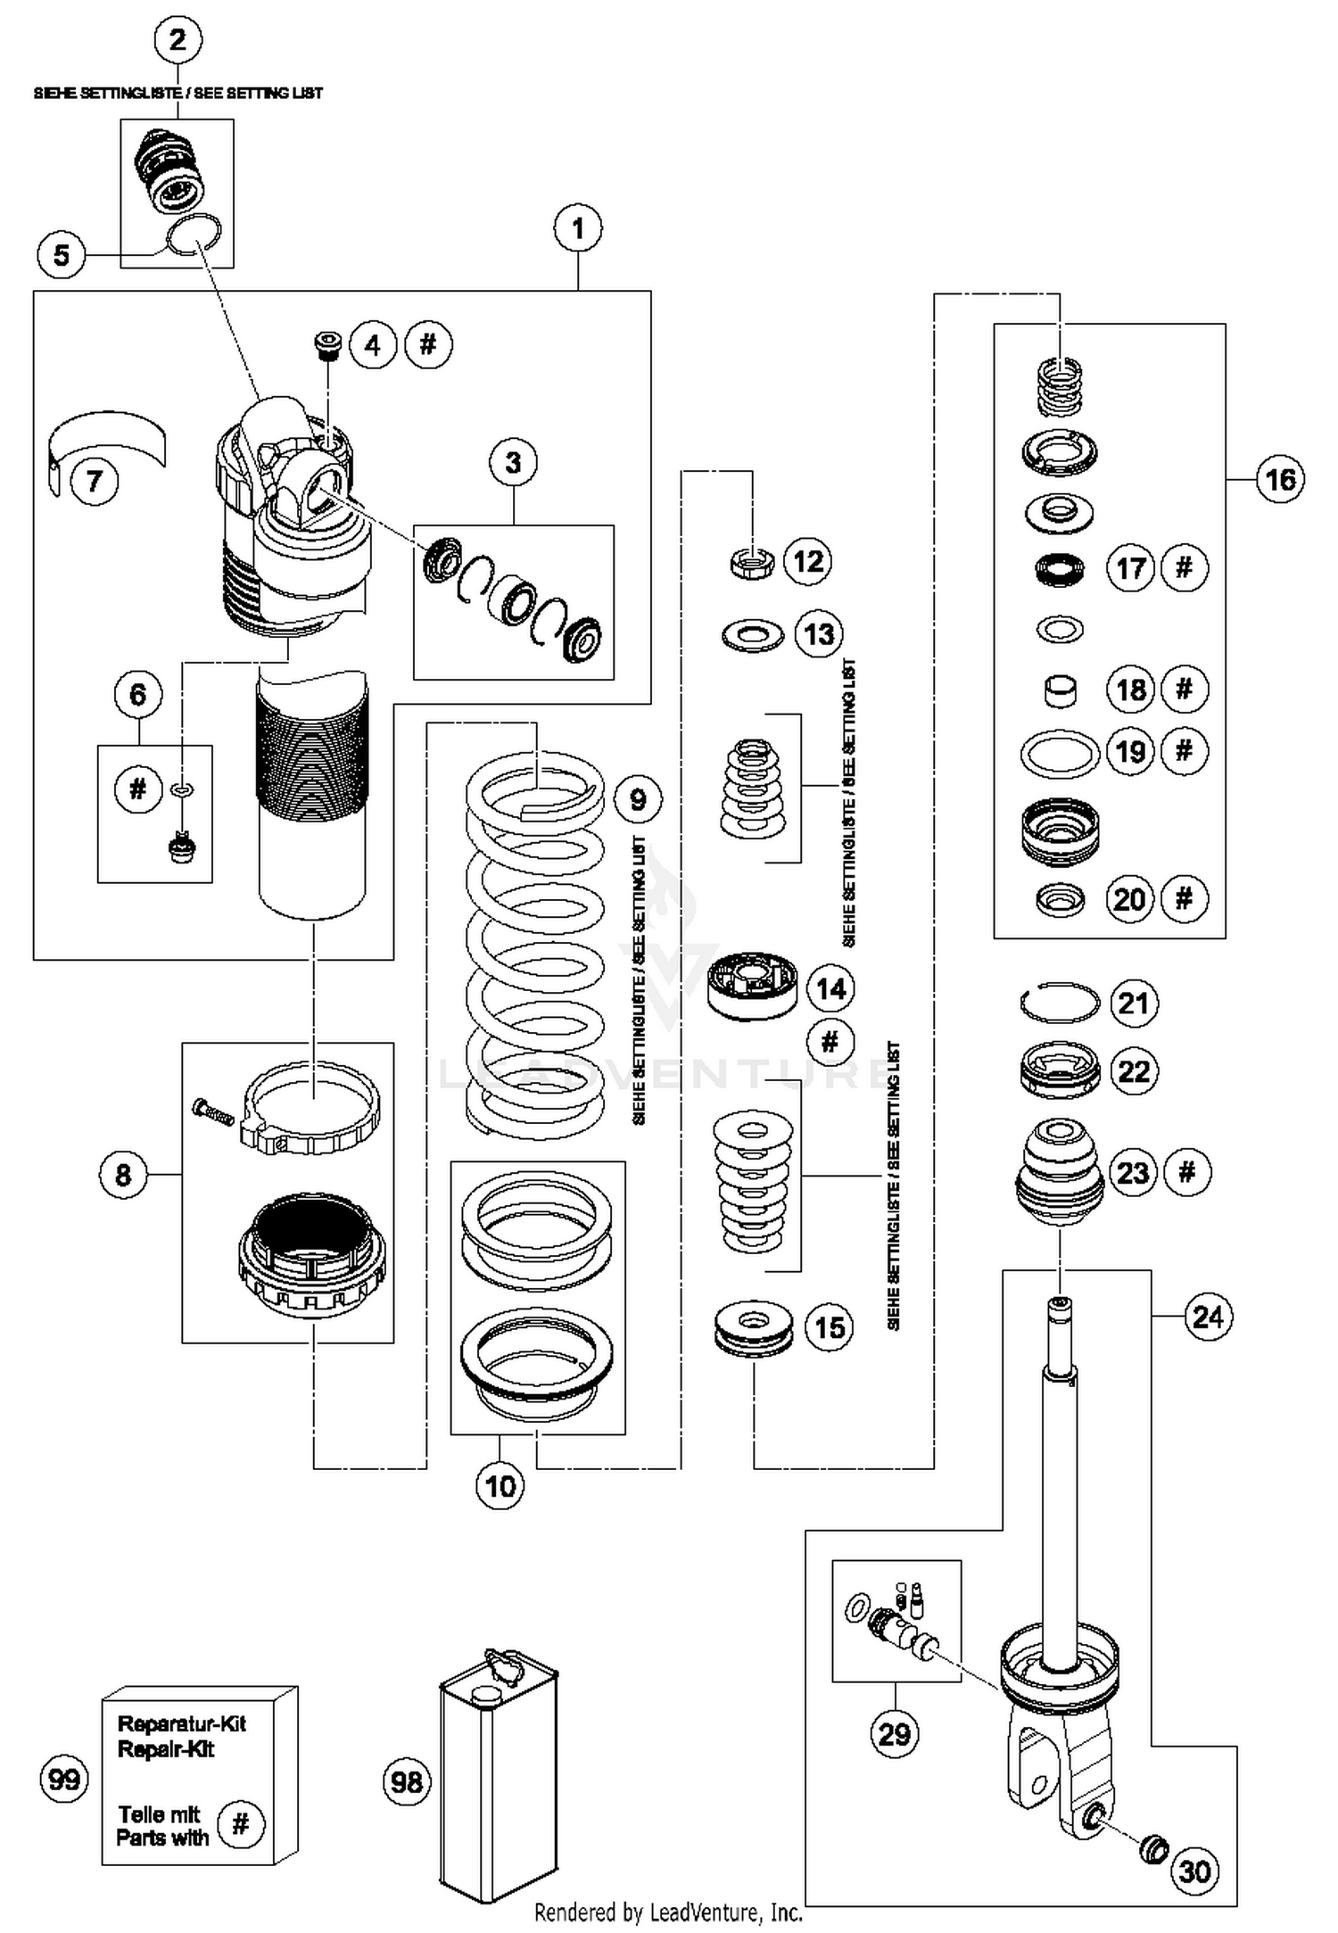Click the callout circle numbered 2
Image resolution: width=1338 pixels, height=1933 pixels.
coord(178,40)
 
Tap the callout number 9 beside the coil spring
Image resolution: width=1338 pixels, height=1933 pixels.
coord(638,798)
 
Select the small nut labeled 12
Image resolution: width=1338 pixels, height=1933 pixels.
coord(751,563)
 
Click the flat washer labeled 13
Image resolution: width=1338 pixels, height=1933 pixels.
coord(752,636)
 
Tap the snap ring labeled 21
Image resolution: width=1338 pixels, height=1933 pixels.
coord(1059,1004)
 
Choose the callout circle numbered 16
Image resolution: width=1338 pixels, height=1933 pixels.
coord(1280,479)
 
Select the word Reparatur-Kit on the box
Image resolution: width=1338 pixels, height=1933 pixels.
coord(181,1723)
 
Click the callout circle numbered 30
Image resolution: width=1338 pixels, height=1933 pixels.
coord(1194,1871)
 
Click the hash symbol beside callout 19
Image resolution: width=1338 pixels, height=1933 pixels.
coord(1184,751)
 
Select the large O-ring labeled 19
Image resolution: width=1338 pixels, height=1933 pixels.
coord(1059,754)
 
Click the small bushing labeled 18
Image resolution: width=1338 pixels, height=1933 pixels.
coord(1059,690)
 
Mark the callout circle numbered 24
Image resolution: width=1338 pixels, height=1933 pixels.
coord(1208,1316)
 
